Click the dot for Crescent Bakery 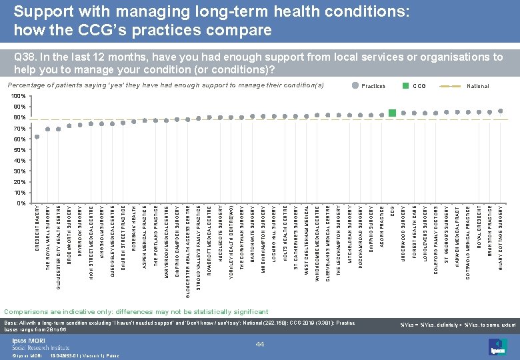(x=37, y=137)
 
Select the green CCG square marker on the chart (x=393, y=112)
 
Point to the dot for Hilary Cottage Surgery (x=501, y=111)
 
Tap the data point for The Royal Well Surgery (x=48, y=129)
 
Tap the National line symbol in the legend (x=453, y=86)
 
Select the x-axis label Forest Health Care (x=415, y=233)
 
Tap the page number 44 (x=261, y=343)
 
